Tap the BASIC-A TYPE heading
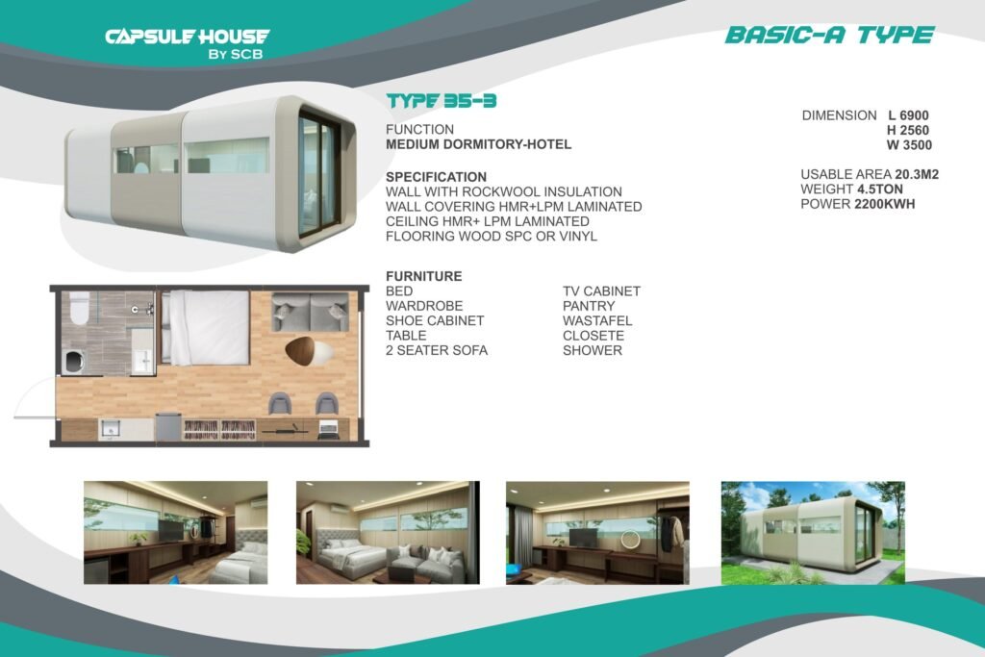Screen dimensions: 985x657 coord(829,36)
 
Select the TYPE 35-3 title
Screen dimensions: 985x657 coord(441,100)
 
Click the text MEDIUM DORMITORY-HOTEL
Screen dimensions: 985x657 coord(479,144)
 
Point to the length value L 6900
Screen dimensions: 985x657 coord(908,115)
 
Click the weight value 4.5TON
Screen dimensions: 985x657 coord(879,190)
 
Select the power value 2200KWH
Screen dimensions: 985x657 coord(885,204)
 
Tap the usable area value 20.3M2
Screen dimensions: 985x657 coord(917,174)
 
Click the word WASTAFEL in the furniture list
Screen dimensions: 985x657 coord(597,321)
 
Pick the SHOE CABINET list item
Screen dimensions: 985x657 coord(435,321)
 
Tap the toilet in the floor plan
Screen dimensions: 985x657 coord(79,309)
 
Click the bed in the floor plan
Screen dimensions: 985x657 coord(206,327)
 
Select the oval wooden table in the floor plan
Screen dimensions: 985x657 coord(308,350)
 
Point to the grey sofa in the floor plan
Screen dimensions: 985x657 coord(311,312)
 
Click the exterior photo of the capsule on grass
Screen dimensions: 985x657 coord(813,533)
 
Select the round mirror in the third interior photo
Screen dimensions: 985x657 coord(630,539)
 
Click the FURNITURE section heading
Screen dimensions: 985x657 coord(424,276)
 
